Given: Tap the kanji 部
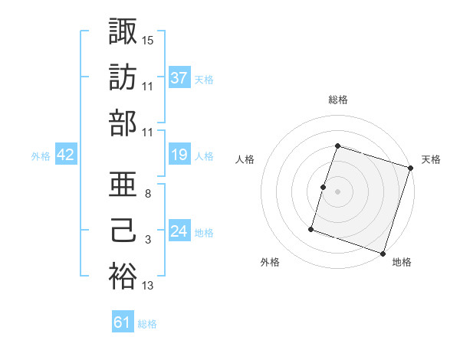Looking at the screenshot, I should click(123, 123).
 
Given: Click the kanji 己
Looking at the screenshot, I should click(123, 231).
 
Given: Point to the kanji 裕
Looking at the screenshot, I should click(123, 277).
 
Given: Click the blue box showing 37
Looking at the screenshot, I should click(179, 77).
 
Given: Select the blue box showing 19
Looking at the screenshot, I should click(179, 155).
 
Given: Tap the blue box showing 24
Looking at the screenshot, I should click(179, 231).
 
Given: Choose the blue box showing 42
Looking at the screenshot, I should click(66, 155).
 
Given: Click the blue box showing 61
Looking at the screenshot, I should click(123, 322).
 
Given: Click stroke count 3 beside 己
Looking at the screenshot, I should click(148, 241).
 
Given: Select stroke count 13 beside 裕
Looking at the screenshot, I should click(148, 286).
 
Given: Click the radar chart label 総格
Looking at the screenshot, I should click(338, 100).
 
